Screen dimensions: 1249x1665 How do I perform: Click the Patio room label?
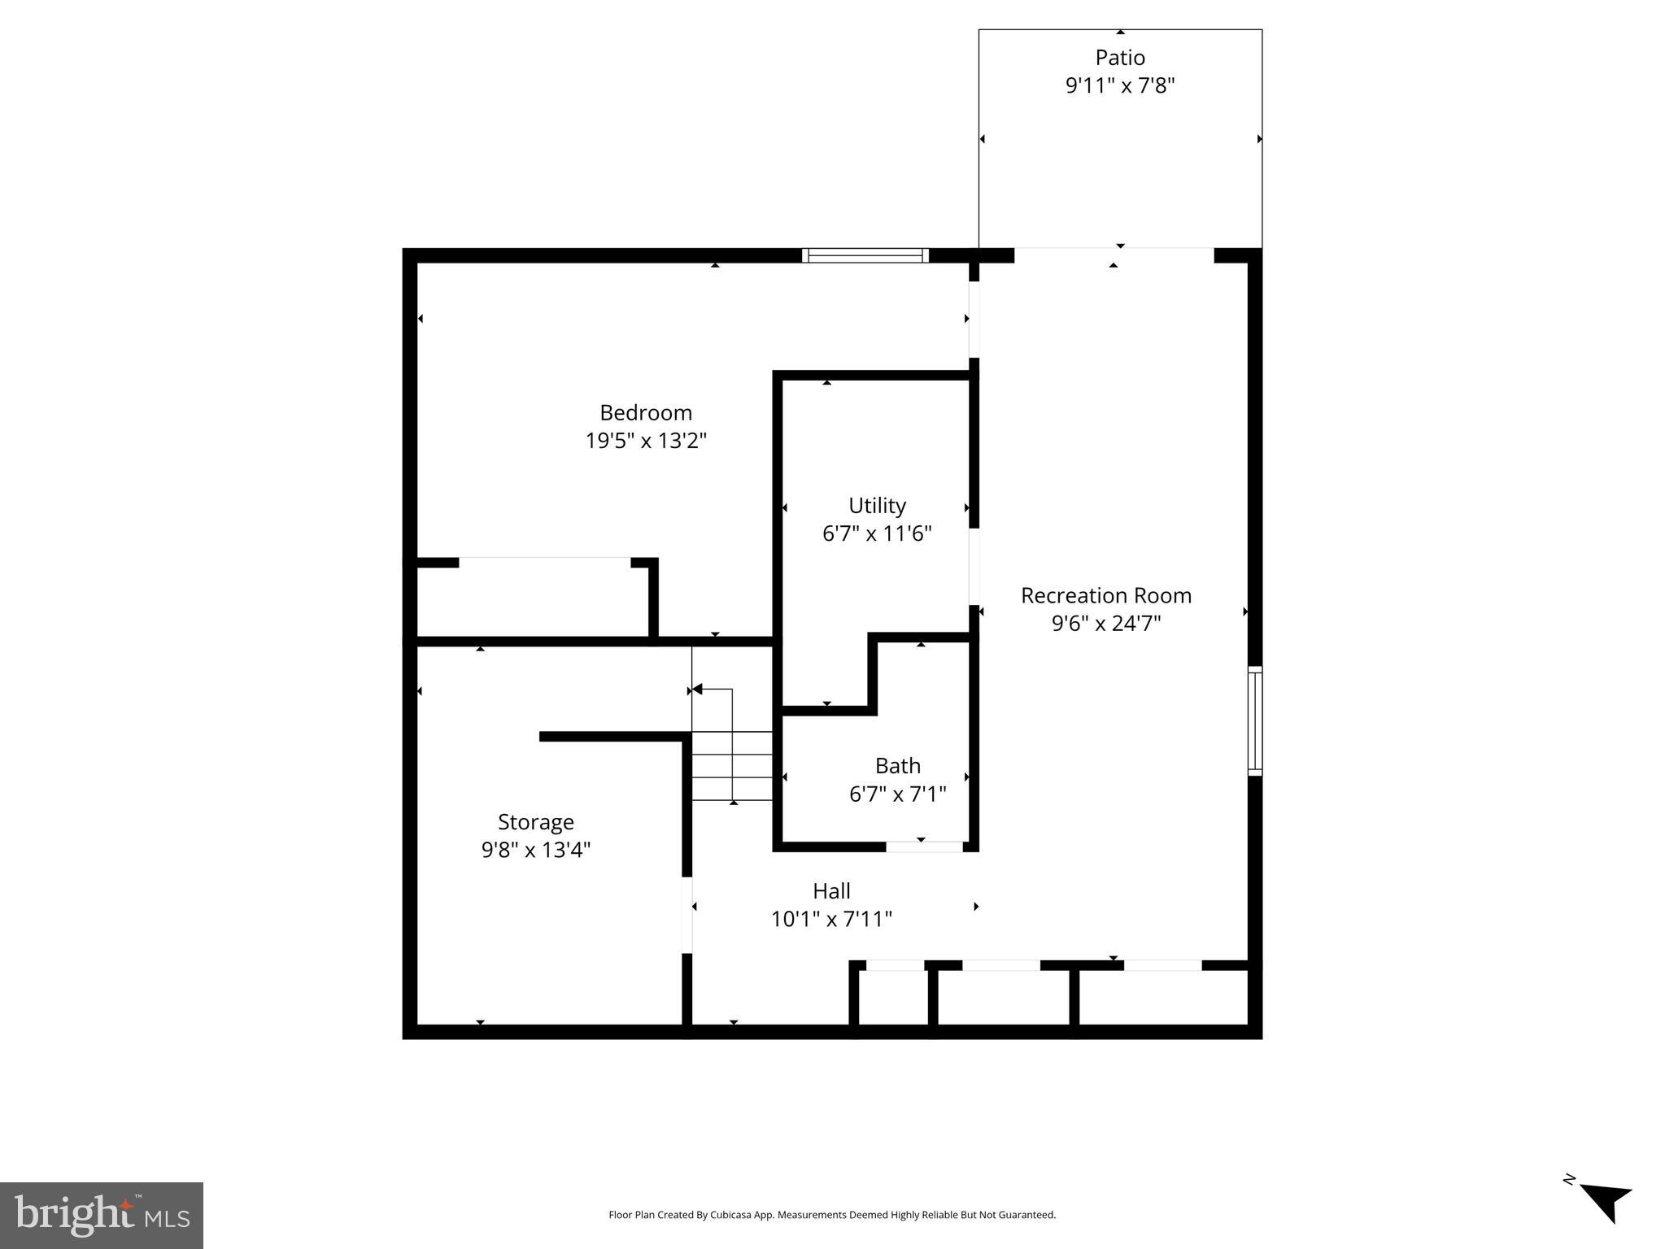click(x=1120, y=58)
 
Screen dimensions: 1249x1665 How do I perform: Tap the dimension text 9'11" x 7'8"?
click(x=1120, y=85)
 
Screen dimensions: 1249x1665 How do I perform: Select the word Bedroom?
click(x=646, y=412)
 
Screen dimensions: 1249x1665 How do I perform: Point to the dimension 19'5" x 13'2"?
click(x=646, y=441)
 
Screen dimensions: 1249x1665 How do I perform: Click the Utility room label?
click(x=877, y=506)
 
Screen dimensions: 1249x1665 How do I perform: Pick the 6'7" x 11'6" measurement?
click(x=877, y=533)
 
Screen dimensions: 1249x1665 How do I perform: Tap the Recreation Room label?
click(x=1105, y=595)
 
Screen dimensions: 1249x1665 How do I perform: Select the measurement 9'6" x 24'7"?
click(x=1105, y=624)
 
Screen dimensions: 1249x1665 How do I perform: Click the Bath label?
click(x=898, y=766)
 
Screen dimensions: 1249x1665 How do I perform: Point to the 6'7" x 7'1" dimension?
click(x=898, y=794)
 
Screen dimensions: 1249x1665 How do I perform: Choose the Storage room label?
click(x=536, y=822)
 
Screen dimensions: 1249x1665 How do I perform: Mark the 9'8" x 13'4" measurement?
click(x=536, y=850)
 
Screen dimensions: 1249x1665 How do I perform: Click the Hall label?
click(x=831, y=891)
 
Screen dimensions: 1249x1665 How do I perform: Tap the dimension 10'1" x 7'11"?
click(x=831, y=919)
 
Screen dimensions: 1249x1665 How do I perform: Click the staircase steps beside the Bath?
click(x=732, y=765)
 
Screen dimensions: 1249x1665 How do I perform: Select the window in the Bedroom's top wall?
click(x=865, y=255)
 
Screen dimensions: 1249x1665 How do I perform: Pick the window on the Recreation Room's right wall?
click(x=1255, y=720)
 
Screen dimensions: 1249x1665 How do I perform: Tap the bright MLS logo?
click(x=102, y=1215)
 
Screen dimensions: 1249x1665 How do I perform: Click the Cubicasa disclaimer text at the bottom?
click(x=832, y=1215)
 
